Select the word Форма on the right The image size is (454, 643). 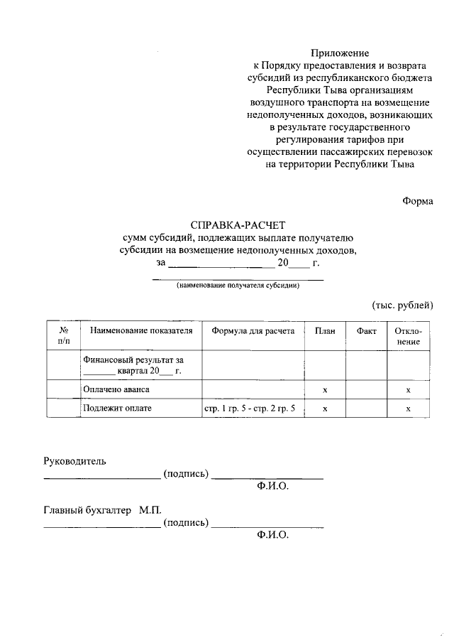click(417, 201)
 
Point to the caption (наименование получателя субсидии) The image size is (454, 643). click(238, 286)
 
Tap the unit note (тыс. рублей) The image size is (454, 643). click(402, 305)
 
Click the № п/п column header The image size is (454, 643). click(64, 336)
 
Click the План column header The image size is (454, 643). click(324, 331)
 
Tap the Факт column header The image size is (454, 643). click(366, 331)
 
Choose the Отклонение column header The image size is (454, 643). click(408, 336)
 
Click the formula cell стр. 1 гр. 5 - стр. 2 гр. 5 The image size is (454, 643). click(250, 409)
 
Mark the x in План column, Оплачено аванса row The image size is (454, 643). click(324, 391)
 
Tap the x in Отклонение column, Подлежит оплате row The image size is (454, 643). click(408, 409)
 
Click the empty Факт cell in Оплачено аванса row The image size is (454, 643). click(366, 390)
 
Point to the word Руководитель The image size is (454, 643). click(74, 461)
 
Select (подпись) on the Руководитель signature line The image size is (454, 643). click(185, 474)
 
